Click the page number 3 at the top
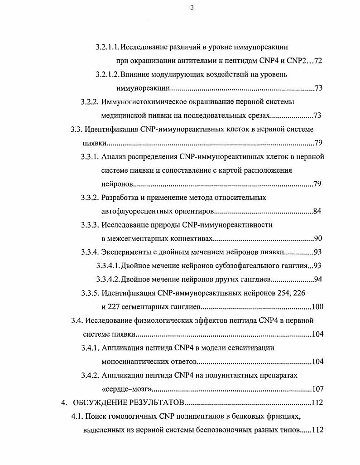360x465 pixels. pyautogui.click(x=192, y=7)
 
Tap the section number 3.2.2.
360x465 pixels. pyautogui.click(x=90, y=102)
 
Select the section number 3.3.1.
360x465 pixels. pyautogui.click(x=90, y=157)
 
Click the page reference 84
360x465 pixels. pyautogui.click(x=317, y=212)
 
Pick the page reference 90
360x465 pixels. pyautogui.click(x=317, y=239)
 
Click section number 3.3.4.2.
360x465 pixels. pyautogui.click(x=107, y=279)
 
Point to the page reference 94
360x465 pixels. pyautogui.click(x=317, y=279)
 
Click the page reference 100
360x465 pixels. pyautogui.click(x=317, y=307)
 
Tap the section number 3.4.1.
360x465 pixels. pyautogui.click(x=90, y=348)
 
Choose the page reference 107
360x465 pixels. pyautogui.click(x=317, y=389)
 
